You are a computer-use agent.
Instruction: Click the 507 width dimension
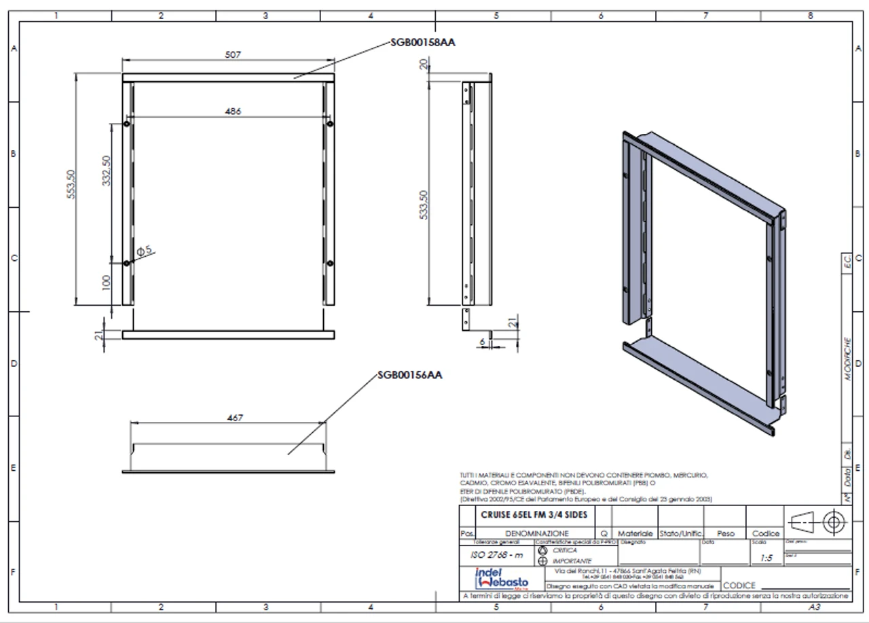233,54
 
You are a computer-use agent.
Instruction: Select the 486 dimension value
233,111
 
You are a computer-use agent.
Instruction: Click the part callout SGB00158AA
422,42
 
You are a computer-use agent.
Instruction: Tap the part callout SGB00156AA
410,375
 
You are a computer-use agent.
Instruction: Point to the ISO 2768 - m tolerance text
498,555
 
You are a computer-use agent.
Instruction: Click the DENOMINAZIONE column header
536,534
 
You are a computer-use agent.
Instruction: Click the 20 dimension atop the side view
424,65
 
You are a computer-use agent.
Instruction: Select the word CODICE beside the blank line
739,585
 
